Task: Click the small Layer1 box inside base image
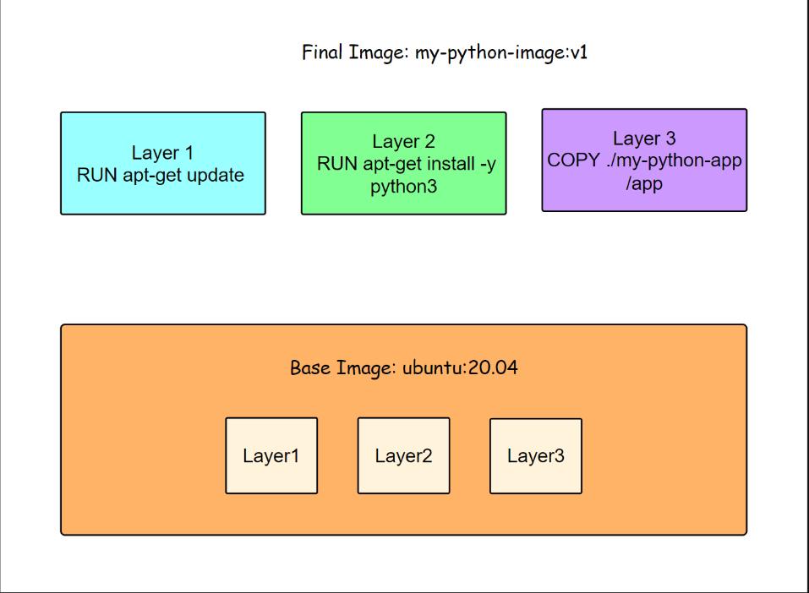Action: [x=271, y=455]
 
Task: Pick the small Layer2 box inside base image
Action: [x=403, y=455]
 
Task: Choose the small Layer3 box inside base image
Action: [x=536, y=455]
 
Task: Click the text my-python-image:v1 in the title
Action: [x=501, y=53]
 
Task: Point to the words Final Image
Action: [x=355, y=53]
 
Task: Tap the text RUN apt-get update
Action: [x=161, y=176]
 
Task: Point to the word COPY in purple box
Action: [x=574, y=160]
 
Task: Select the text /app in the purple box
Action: [x=644, y=182]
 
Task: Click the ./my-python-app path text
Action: [x=673, y=160]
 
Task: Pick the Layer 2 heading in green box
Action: [x=403, y=142]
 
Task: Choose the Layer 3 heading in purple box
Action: [x=644, y=139]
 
